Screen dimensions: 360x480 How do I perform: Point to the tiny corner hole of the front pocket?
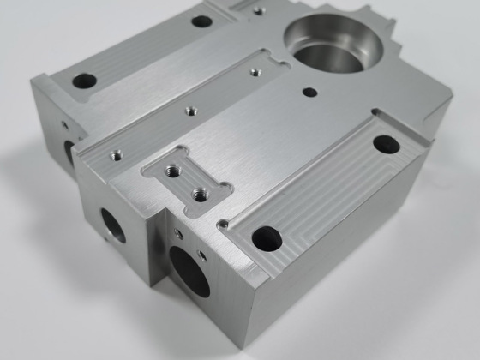pyautogui.click(x=225, y=225)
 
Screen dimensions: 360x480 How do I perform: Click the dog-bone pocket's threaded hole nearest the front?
pyautogui.click(x=200, y=192)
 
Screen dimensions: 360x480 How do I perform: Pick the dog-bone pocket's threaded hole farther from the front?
pyautogui.click(x=178, y=167)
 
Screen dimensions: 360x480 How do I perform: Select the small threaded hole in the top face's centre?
pyautogui.click(x=189, y=110)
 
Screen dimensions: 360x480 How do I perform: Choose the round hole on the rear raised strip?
pyautogui.click(x=201, y=20)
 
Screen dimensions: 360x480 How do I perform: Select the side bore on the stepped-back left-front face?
pyautogui.click(x=113, y=225)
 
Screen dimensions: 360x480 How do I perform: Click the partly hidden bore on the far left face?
pyautogui.click(x=69, y=153)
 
